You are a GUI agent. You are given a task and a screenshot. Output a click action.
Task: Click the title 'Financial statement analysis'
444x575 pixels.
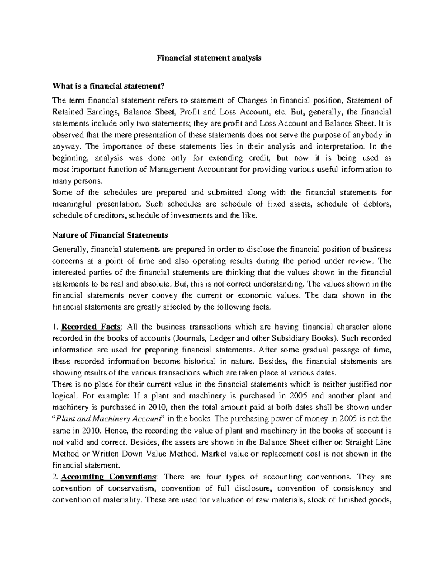pos(209,58)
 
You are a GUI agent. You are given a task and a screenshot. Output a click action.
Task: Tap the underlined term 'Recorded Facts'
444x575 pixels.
pos(91,327)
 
